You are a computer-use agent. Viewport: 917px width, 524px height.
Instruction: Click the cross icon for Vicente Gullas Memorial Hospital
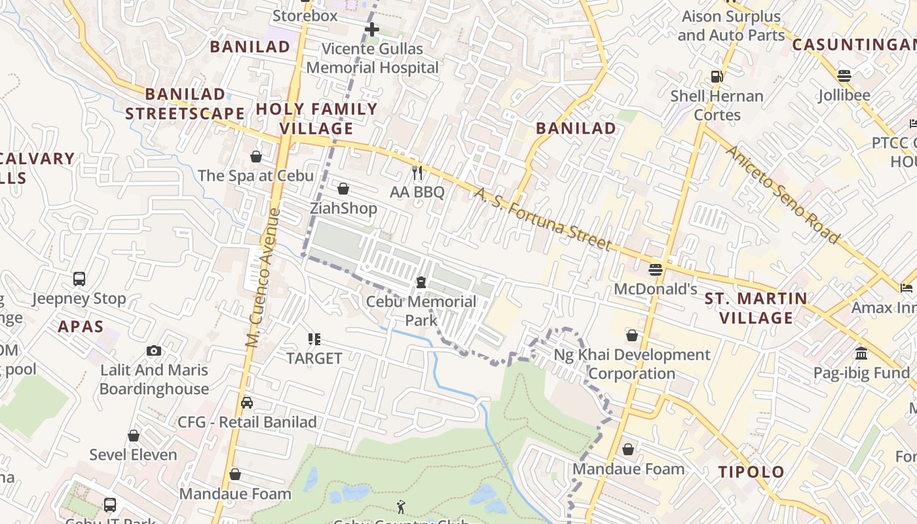(372, 29)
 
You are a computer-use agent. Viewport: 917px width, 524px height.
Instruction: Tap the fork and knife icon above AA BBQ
(417, 173)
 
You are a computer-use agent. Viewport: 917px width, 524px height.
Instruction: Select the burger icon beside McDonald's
(655, 269)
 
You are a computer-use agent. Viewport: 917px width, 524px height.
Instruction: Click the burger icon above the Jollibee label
(844, 75)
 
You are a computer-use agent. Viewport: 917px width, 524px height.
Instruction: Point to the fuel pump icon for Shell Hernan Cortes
(717, 77)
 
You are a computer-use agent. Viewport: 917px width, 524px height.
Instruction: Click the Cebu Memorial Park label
(421, 310)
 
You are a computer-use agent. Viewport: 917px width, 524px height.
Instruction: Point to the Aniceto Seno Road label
(783, 195)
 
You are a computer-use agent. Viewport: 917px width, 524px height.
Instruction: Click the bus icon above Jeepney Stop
(79, 279)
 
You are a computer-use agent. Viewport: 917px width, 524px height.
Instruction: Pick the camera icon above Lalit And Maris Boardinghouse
(154, 350)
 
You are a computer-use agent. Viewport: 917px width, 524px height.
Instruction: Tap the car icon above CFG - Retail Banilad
(247, 402)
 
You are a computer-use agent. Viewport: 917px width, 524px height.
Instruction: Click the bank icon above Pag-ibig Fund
(861, 354)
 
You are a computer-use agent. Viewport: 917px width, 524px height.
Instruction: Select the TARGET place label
(314, 358)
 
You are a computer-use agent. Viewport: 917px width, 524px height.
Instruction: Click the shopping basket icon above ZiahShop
(343, 189)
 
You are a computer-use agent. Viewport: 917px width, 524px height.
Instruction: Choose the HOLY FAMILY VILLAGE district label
(317, 119)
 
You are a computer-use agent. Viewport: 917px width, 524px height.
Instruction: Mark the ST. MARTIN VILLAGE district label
(756, 309)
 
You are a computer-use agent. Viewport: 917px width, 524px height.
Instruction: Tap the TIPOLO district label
(751, 472)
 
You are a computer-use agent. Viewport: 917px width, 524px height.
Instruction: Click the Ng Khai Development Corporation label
(632, 364)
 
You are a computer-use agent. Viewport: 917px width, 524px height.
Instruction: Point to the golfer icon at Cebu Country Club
(401, 506)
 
